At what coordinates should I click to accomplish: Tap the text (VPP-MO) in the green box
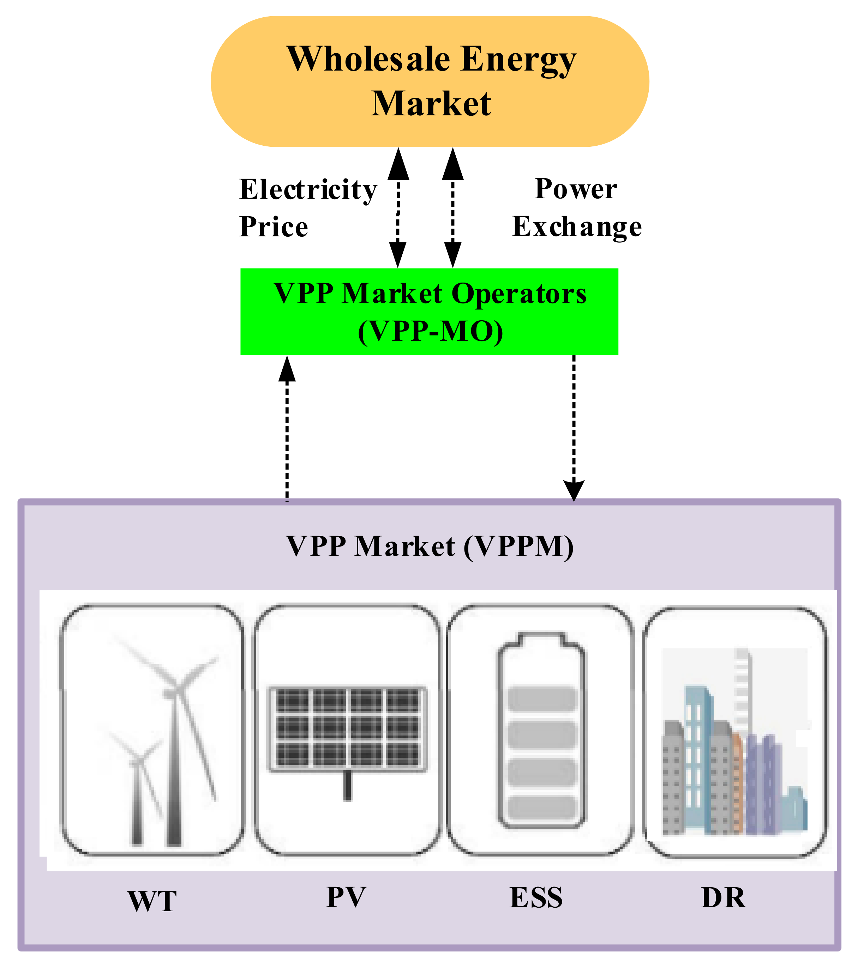(430, 331)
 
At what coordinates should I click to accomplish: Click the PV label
(346, 897)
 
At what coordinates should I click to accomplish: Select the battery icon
(541, 732)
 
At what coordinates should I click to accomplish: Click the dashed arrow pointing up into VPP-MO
(287, 426)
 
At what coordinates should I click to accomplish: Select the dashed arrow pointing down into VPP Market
(574, 426)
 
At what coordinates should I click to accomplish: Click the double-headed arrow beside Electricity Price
(398, 208)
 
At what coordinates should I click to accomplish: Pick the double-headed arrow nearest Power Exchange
(452, 208)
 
